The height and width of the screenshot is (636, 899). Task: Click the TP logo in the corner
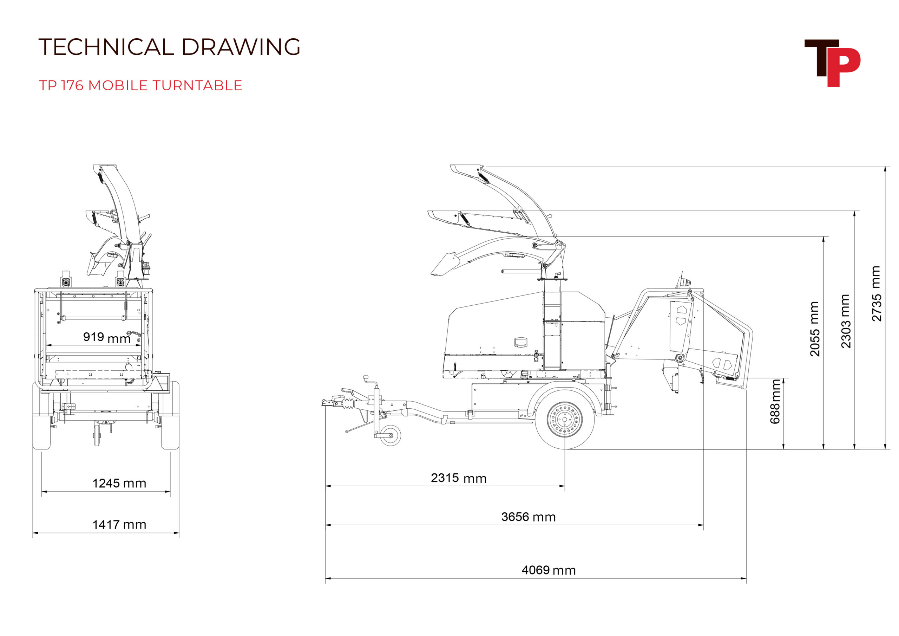[x=832, y=63]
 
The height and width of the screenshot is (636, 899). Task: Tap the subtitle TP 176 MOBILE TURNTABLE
[x=140, y=85]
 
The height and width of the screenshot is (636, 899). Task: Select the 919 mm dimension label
[x=106, y=337]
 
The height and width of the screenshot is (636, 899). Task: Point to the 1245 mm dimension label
[x=119, y=483]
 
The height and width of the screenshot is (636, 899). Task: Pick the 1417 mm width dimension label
[x=119, y=524]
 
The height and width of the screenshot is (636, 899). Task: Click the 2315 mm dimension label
[x=459, y=478]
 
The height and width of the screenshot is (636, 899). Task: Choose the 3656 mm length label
[x=528, y=517]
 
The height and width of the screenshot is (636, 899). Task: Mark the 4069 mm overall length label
[x=549, y=570]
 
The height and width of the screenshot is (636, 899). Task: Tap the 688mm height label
[x=775, y=401]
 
